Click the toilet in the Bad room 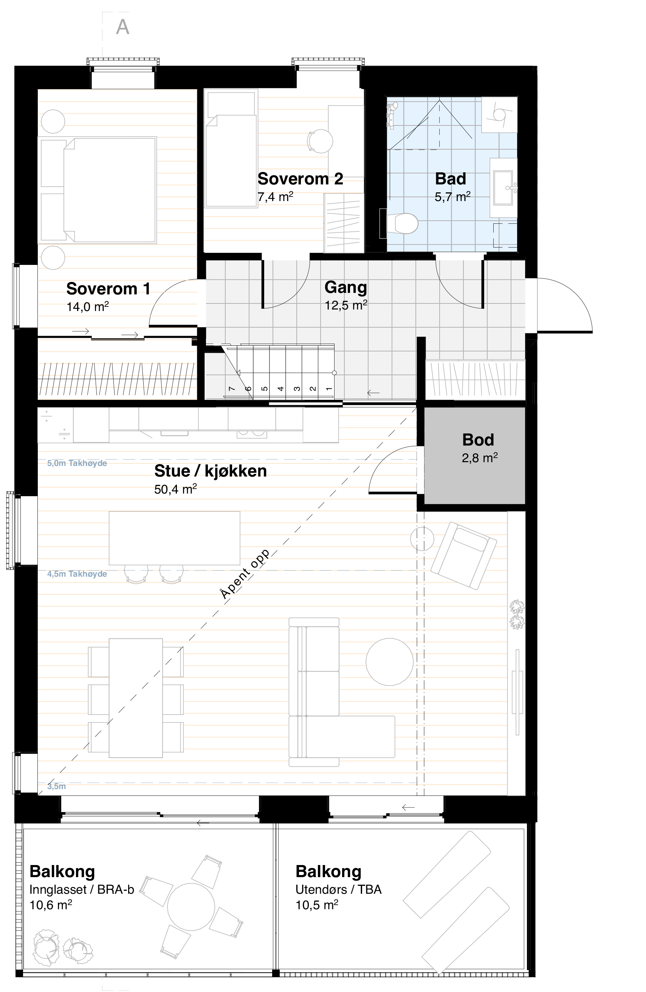point(402,224)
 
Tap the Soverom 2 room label point(300,179)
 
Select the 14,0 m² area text point(88,307)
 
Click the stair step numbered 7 point(232,388)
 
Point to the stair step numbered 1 point(328,388)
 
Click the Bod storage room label point(478,440)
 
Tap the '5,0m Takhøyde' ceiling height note point(77,463)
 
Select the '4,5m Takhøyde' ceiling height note point(77,574)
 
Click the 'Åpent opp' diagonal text point(245,574)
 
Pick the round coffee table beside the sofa point(389,661)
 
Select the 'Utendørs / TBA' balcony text point(338,890)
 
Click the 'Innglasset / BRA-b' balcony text point(82,890)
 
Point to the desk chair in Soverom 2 point(320,141)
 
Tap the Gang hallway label point(346,287)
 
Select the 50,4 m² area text point(175,489)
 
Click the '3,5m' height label point(56,786)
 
